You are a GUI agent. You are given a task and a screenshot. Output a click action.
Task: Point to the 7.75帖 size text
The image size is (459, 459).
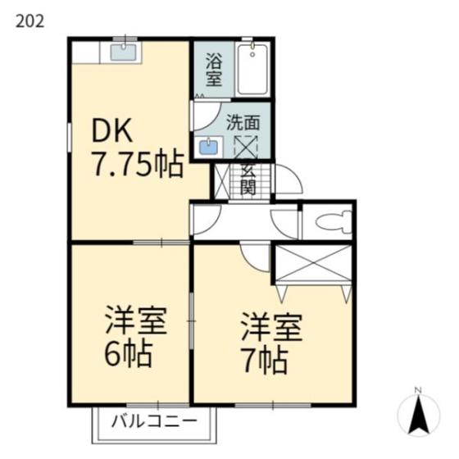coord(135,166)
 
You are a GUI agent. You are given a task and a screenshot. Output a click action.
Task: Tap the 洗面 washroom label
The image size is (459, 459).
coord(243,122)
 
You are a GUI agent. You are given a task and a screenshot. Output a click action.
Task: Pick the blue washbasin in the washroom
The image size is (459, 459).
coord(210,148)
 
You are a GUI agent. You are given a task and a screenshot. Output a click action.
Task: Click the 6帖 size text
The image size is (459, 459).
coord(126,353)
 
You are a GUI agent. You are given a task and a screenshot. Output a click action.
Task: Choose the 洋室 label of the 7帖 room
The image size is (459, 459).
coord(271,326)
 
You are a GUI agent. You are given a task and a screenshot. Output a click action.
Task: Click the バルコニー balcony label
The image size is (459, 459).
coord(153,423)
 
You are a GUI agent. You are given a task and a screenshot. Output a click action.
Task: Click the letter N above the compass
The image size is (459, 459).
coord(418,389)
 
